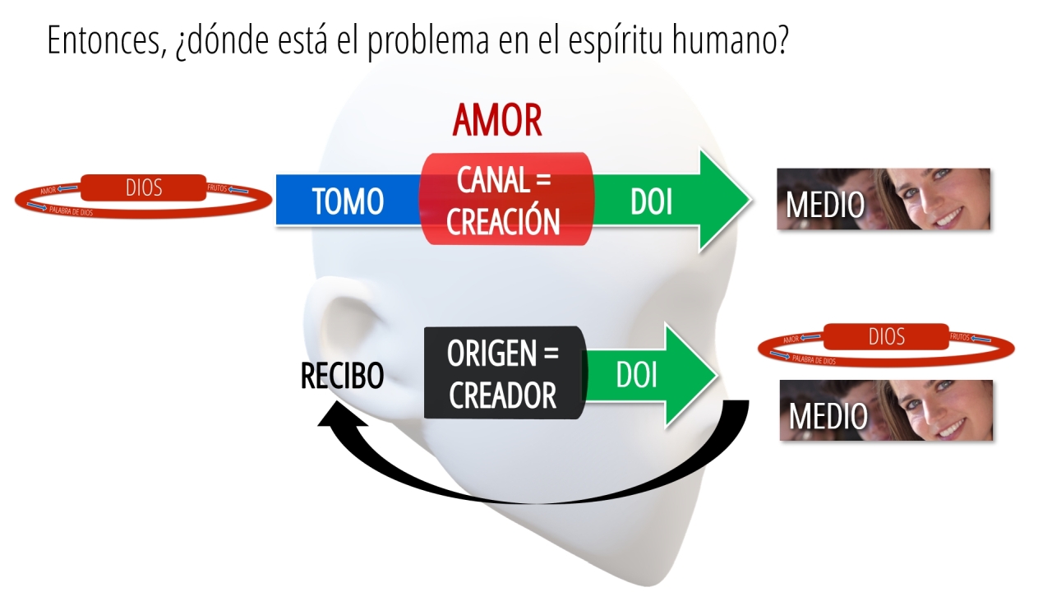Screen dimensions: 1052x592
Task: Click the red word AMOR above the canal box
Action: (497, 121)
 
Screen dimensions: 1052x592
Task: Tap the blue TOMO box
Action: (348, 200)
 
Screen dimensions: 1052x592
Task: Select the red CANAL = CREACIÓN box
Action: (506, 199)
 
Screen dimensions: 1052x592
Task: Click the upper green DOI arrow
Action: (672, 201)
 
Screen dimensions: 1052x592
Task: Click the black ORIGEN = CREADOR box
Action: (505, 372)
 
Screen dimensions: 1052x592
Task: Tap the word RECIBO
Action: (342, 376)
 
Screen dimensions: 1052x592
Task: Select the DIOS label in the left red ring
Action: (144, 188)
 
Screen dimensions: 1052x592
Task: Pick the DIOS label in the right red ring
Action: (886, 336)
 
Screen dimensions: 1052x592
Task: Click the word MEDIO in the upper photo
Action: (824, 205)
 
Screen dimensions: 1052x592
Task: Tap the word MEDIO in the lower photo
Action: (828, 416)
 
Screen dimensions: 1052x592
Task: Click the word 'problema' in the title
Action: (428, 41)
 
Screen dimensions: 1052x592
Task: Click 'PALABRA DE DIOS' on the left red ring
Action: (72, 211)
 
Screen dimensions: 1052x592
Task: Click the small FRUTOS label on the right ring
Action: (959, 337)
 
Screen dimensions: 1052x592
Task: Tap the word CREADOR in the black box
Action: (502, 395)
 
